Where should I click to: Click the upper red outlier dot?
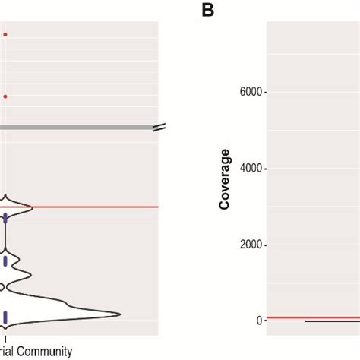(x=5, y=34)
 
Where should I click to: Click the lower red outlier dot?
(x=5, y=96)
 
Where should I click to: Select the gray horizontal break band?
(x=76, y=127)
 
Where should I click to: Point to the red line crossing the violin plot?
(x=91, y=207)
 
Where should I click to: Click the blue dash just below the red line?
(x=5, y=219)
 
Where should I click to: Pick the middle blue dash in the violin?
(x=5, y=261)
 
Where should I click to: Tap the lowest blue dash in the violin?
(x=5, y=317)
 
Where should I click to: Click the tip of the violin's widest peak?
(x=120, y=314)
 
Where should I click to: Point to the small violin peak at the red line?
(x=30, y=206)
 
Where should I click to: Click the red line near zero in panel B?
(x=289, y=317)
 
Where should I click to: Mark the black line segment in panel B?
(x=330, y=321)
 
